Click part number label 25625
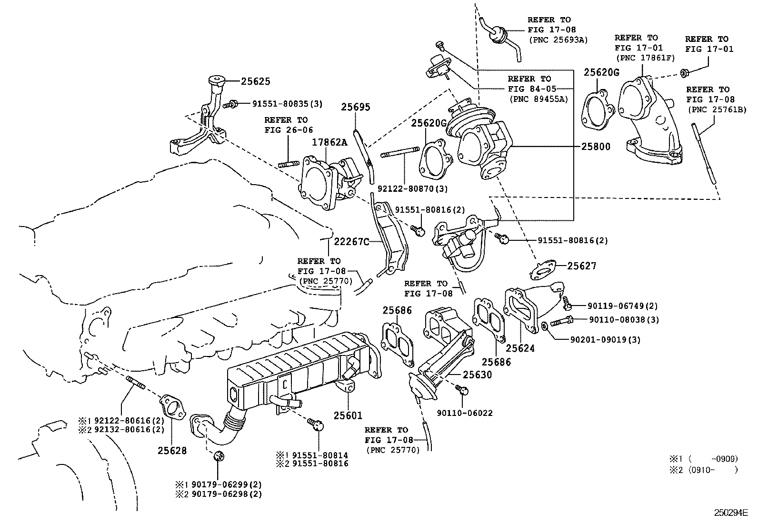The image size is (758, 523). (255, 81)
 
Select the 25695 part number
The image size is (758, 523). (355, 108)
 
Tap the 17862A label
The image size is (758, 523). (329, 142)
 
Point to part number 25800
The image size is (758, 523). (595, 147)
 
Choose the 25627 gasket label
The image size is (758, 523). (581, 266)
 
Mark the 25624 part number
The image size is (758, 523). (520, 348)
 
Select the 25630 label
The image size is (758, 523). (478, 375)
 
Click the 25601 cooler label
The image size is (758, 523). (349, 415)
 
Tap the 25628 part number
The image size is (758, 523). (172, 450)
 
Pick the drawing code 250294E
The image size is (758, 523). (731, 513)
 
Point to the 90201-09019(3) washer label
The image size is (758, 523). (605, 339)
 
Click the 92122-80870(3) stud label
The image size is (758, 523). (413, 188)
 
